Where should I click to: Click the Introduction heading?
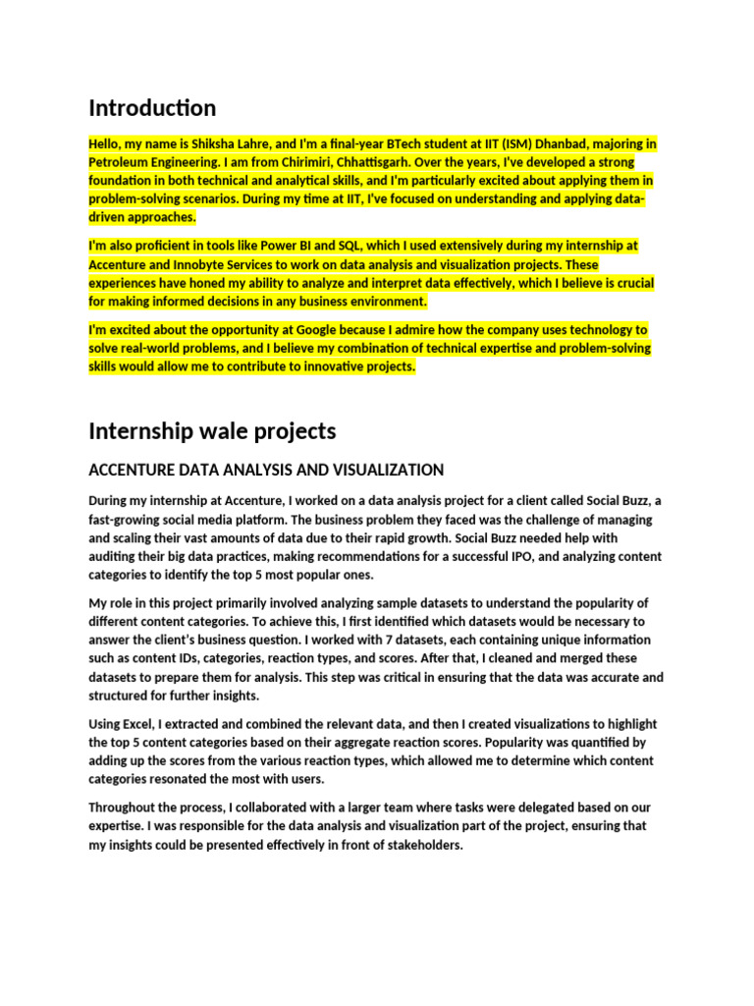(152, 107)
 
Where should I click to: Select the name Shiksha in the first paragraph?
(203, 143)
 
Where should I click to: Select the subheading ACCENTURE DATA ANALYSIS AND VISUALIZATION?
(266, 470)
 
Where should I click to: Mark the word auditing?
(112, 556)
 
